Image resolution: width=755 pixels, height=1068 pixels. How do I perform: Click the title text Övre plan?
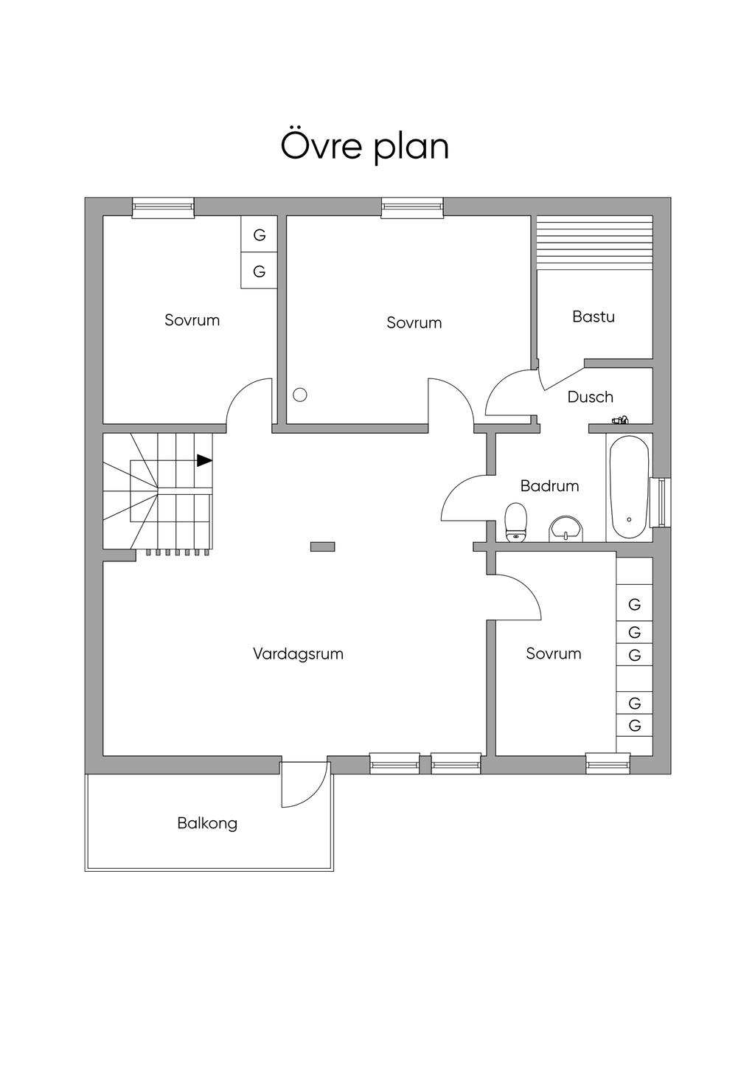(x=364, y=146)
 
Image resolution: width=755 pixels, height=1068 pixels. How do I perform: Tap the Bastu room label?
(x=593, y=316)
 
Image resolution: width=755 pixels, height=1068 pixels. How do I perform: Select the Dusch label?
(x=590, y=397)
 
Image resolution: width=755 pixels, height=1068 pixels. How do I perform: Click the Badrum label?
(x=549, y=486)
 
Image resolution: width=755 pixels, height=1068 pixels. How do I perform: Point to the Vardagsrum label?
(x=298, y=653)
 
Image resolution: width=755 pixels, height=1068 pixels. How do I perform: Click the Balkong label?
(x=207, y=823)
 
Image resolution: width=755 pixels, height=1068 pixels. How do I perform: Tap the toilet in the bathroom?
(x=515, y=522)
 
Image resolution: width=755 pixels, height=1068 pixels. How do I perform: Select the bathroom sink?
(x=566, y=529)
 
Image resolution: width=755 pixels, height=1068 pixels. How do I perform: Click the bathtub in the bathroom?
(x=628, y=488)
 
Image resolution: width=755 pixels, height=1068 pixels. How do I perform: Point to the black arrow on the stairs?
(x=204, y=460)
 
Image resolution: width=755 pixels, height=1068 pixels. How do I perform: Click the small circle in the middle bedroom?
(x=299, y=395)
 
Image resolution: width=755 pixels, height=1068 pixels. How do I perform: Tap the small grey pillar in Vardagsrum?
(x=322, y=547)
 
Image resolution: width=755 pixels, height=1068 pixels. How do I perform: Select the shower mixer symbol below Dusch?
(x=620, y=420)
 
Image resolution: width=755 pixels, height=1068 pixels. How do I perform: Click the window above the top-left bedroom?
(x=163, y=208)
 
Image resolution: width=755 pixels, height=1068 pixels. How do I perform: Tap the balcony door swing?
(x=305, y=785)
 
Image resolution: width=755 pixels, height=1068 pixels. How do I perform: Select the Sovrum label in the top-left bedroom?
(x=192, y=320)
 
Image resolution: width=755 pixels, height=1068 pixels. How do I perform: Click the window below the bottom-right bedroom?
(x=608, y=763)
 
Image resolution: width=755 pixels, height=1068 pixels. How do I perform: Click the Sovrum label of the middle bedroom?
(x=414, y=322)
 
